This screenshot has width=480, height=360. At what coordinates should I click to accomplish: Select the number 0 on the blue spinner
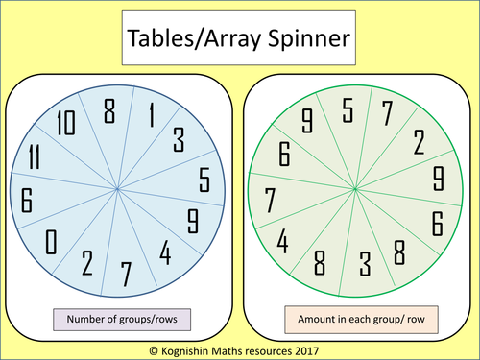click(51, 241)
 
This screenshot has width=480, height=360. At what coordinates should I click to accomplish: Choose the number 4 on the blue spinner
click(165, 254)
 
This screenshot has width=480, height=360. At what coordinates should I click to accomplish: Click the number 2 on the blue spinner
click(87, 263)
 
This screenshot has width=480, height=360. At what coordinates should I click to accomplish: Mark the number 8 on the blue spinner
click(109, 111)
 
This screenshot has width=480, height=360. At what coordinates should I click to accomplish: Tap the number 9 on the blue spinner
click(192, 221)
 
